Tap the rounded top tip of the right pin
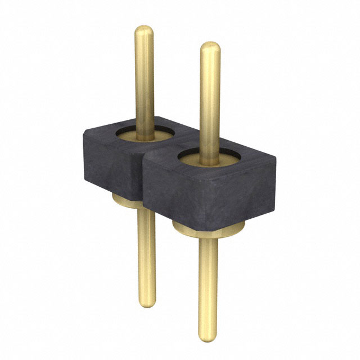click(210, 47)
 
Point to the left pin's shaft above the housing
click(145, 79)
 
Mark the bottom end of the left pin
click(147, 305)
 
